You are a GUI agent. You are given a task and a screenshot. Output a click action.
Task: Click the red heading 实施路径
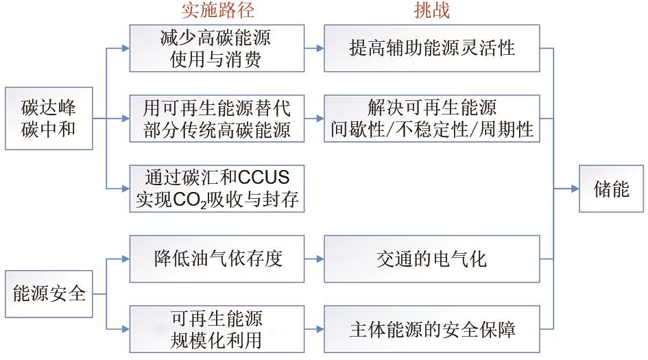[218, 10]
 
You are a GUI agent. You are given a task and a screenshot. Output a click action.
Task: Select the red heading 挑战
[432, 10]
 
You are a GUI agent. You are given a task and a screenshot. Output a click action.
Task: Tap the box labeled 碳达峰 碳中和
[49, 118]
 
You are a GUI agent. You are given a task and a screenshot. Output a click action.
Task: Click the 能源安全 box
[49, 294]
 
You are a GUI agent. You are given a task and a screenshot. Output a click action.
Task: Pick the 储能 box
[611, 189]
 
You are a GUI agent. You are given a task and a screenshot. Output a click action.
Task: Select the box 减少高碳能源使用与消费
[217, 49]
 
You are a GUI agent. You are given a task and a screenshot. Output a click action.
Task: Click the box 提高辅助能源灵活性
[432, 49]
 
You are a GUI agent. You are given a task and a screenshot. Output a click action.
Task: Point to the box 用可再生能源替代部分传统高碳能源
[217, 119]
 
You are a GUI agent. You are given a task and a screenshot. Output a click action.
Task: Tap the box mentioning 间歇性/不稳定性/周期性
[432, 119]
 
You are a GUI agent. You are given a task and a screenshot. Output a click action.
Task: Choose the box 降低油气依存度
[217, 259]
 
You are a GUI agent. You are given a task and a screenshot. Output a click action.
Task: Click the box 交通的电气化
[432, 259]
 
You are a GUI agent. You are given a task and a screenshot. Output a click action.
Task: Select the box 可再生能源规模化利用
[217, 329]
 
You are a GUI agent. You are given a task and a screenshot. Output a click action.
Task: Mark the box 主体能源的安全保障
[432, 329]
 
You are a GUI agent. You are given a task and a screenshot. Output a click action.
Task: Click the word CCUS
[264, 178]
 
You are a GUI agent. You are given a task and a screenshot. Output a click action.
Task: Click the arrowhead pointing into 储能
[575, 189]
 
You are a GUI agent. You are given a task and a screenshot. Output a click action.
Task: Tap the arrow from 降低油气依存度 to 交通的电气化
[314, 259]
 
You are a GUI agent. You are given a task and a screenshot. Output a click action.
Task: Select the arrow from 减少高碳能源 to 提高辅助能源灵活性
[314, 49]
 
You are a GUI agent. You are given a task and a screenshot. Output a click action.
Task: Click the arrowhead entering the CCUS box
[125, 189]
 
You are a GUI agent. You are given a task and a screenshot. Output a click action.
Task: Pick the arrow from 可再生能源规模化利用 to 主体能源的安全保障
[314, 329]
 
